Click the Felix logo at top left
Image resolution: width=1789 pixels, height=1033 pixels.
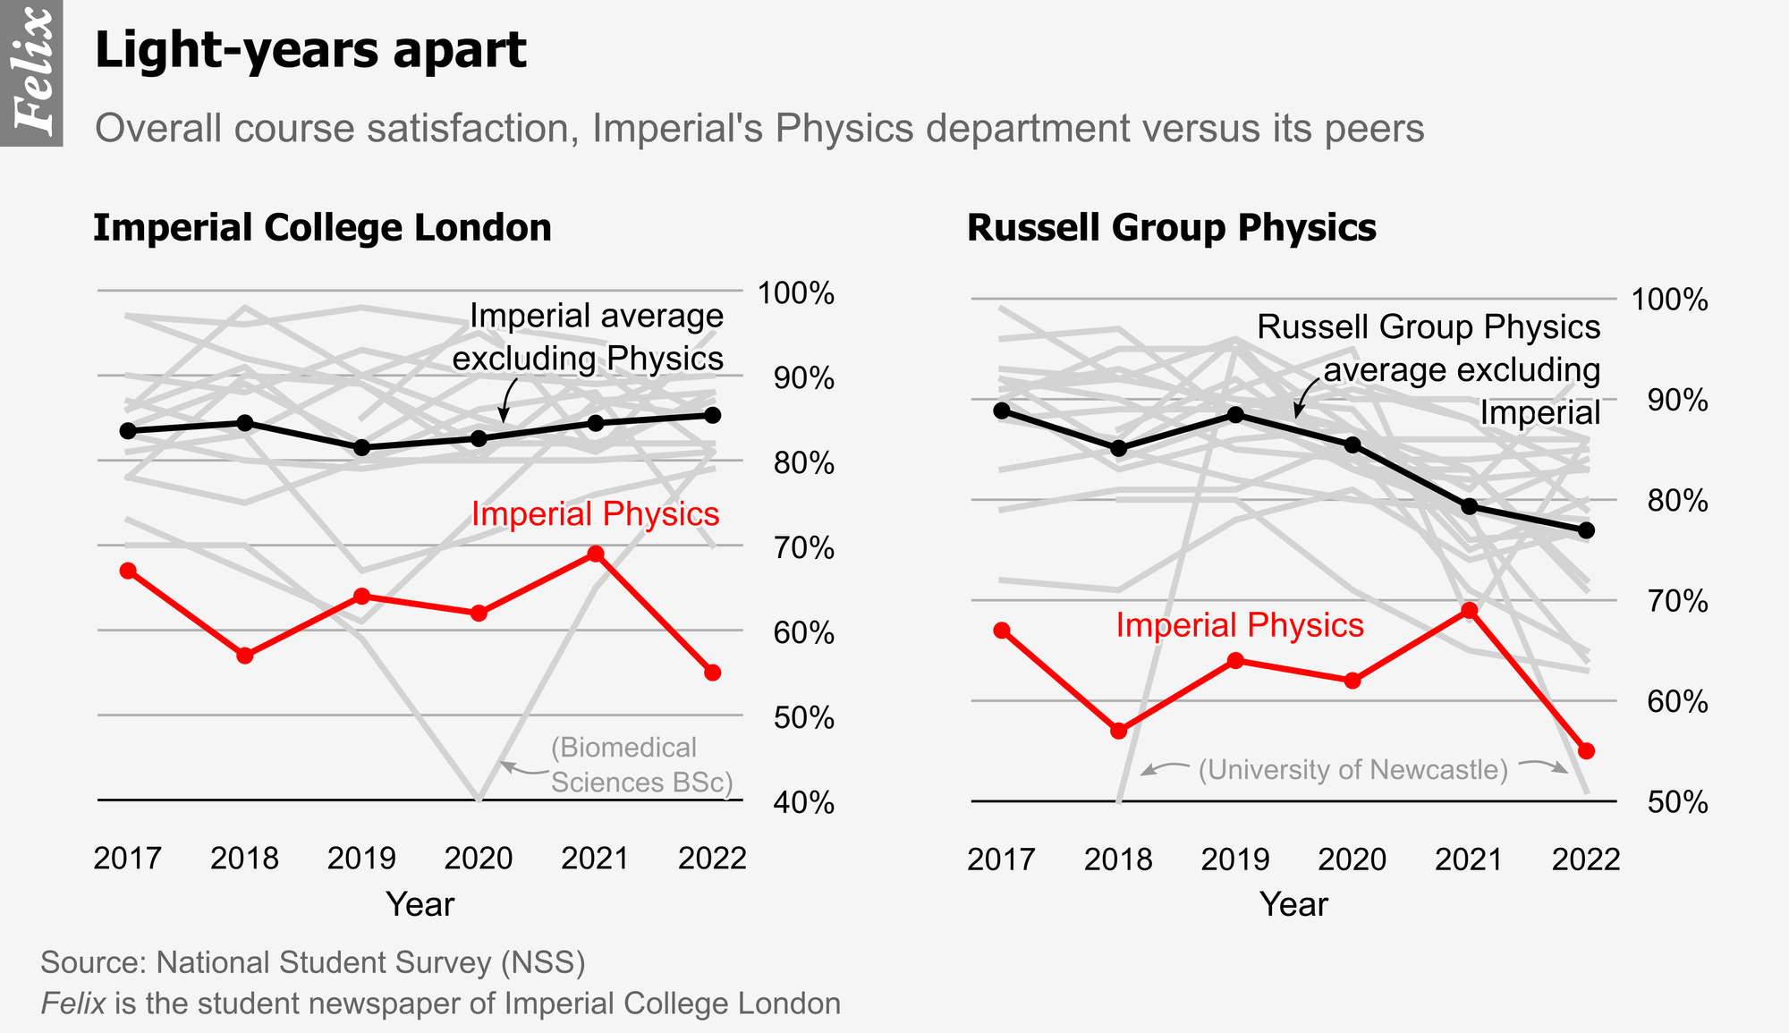[31, 72]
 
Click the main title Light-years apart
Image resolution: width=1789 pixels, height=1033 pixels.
[310, 50]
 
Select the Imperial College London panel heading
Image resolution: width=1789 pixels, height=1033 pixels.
[322, 228]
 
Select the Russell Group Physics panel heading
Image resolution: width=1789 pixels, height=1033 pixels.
[1171, 228]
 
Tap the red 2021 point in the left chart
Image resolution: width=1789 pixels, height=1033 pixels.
[596, 555]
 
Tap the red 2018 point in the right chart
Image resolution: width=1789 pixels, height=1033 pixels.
[1118, 731]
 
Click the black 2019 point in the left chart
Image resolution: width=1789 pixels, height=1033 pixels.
[361, 447]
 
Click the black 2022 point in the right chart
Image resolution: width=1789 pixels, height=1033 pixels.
[1587, 530]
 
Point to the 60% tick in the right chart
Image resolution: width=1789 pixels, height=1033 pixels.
[1677, 701]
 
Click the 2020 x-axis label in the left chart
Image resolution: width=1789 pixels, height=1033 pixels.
[479, 859]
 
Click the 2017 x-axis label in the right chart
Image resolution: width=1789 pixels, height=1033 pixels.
[1001, 859]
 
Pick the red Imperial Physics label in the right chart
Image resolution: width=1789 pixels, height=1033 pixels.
[1240, 625]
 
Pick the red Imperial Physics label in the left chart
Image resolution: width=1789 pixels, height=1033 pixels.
[595, 514]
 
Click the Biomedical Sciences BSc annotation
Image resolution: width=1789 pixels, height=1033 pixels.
[640, 765]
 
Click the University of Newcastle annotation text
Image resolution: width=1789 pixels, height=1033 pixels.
[1353, 769]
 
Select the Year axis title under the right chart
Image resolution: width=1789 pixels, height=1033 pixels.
[1293, 904]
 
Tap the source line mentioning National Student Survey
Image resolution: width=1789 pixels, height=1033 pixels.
[313, 962]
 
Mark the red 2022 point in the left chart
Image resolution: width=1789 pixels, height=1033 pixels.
[712, 673]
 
